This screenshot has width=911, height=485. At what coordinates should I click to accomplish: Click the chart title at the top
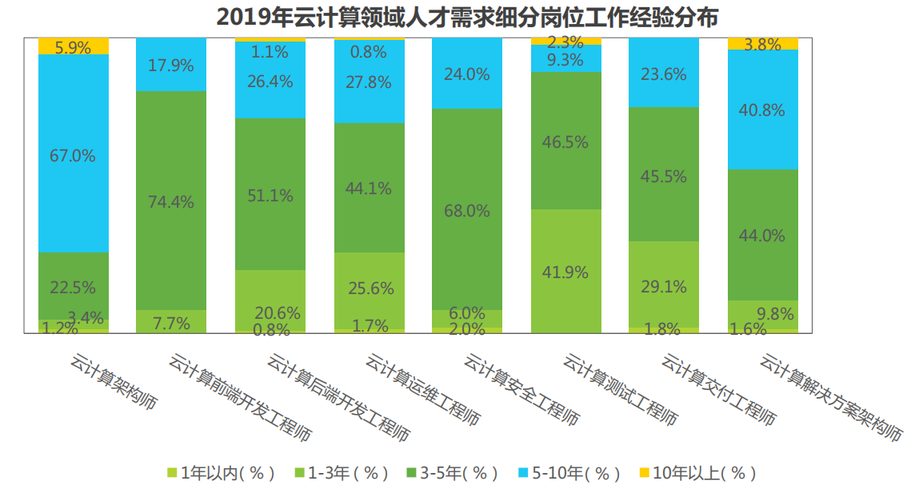pyautogui.click(x=455, y=17)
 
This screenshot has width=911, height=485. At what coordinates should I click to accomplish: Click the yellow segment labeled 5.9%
pyautogui.click(x=73, y=47)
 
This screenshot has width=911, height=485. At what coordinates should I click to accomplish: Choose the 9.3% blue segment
pyautogui.click(x=566, y=58)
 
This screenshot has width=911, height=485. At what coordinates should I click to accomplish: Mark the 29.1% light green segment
pyautogui.click(x=664, y=285)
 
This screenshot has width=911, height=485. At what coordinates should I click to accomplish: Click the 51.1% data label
pyautogui.click(x=270, y=196)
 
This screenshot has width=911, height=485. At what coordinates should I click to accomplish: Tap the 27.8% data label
pyautogui.click(x=369, y=81)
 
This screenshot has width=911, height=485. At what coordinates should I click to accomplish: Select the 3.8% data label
pyautogui.click(x=762, y=45)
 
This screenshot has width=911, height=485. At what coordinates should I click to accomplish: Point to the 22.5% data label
pyautogui.click(x=73, y=287)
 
